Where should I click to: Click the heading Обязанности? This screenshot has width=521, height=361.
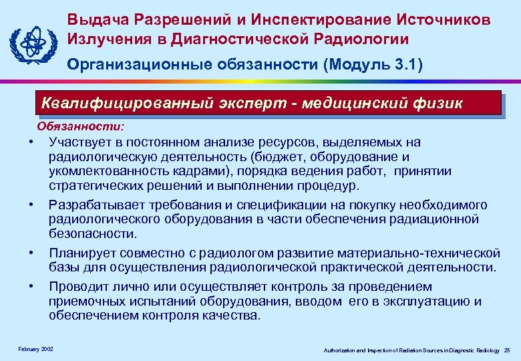tap(75, 125)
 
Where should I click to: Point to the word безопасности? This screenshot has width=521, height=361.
tap(92, 233)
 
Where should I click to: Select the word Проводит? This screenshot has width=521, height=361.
tap(77, 286)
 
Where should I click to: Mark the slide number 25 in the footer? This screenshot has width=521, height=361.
tap(507, 350)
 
